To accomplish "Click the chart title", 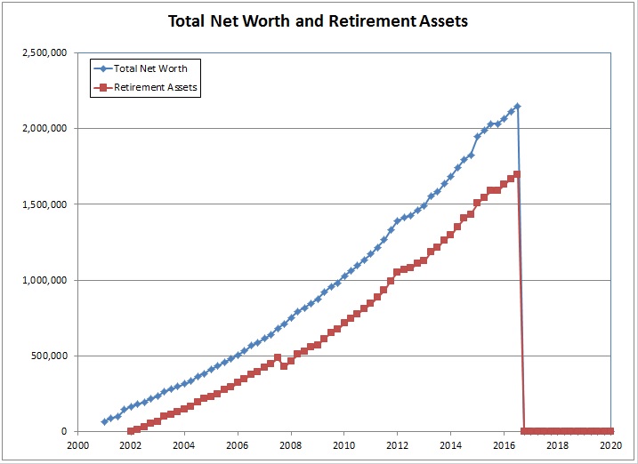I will click(318, 20).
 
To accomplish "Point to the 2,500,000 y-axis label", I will click(45, 52).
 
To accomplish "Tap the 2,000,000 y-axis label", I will click(45, 129).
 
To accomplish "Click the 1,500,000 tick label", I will click(45, 204).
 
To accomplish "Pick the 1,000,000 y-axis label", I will click(45, 280).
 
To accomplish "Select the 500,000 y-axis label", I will click(50, 356).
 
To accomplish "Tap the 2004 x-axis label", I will click(183, 446).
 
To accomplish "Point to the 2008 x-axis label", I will click(290, 446).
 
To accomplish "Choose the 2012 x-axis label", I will click(397, 446).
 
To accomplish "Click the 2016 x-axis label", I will click(504, 446).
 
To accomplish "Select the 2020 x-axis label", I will click(610, 446).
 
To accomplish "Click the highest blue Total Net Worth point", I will click(517, 107).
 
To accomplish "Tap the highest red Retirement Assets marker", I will click(517, 174).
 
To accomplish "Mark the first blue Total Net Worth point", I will click(104, 421).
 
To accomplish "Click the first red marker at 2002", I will click(131, 431).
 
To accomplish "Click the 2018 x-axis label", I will click(557, 446).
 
